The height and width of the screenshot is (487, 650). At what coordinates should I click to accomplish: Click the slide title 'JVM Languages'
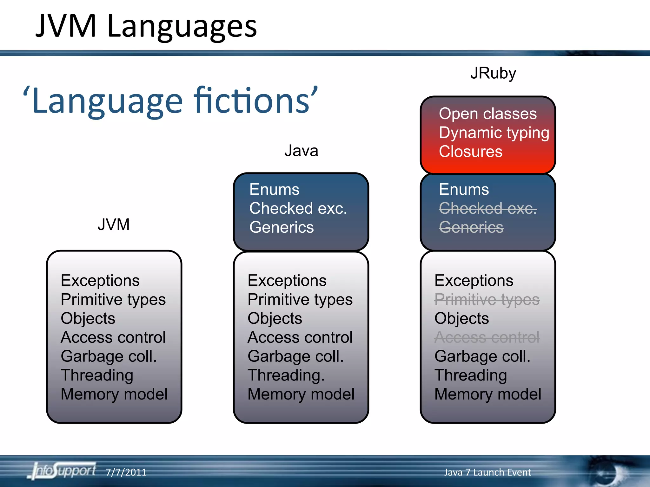pyautogui.click(x=146, y=26)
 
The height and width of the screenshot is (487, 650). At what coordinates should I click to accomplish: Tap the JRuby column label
pyautogui.click(x=493, y=73)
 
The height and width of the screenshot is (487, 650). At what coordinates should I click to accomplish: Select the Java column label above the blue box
pyautogui.click(x=301, y=151)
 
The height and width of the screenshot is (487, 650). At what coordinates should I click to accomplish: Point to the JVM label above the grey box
pyautogui.click(x=114, y=224)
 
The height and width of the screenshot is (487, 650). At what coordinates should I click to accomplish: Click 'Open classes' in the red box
pyautogui.click(x=487, y=114)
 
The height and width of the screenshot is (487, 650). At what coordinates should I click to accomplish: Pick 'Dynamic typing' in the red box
pyautogui.click(x=494, y=133)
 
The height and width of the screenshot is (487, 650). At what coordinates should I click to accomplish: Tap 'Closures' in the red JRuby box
pyautogui.click(x=470, y=152)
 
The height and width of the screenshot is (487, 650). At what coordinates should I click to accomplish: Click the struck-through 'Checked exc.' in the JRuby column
pyautogui.click(x=487, y=208)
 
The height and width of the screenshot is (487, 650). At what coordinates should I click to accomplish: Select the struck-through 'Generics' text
pyautogui.click(x=471, y=227)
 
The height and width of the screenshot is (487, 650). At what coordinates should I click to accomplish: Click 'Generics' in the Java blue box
pyautogui.click(x=282, y=227)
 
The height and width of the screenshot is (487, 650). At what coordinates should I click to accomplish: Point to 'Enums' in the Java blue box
pyautogui.click(x=274, y=190)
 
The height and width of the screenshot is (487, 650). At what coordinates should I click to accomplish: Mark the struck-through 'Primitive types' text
pyautogui.click(x=487, y=299)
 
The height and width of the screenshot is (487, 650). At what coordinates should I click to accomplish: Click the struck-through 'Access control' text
pyautogui.click(x=487, y=337)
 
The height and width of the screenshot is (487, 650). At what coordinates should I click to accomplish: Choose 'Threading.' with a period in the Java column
pyautogui.click(x=286, y=375)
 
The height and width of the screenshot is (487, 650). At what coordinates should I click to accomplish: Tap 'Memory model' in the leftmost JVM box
pyautogui.click(x=114, y=394)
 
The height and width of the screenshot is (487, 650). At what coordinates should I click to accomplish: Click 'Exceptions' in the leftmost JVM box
pyautogui.click(x=100, y=281)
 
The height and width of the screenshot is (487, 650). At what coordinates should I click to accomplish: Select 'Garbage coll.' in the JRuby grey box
pyautogui.click(x=482, y=356)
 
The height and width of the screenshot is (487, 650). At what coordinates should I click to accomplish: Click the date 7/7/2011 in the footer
pyautogui.click(x=126, y=472)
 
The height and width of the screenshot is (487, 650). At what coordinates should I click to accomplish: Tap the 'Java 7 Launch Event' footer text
pyautogui.click(x=487, y=472)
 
